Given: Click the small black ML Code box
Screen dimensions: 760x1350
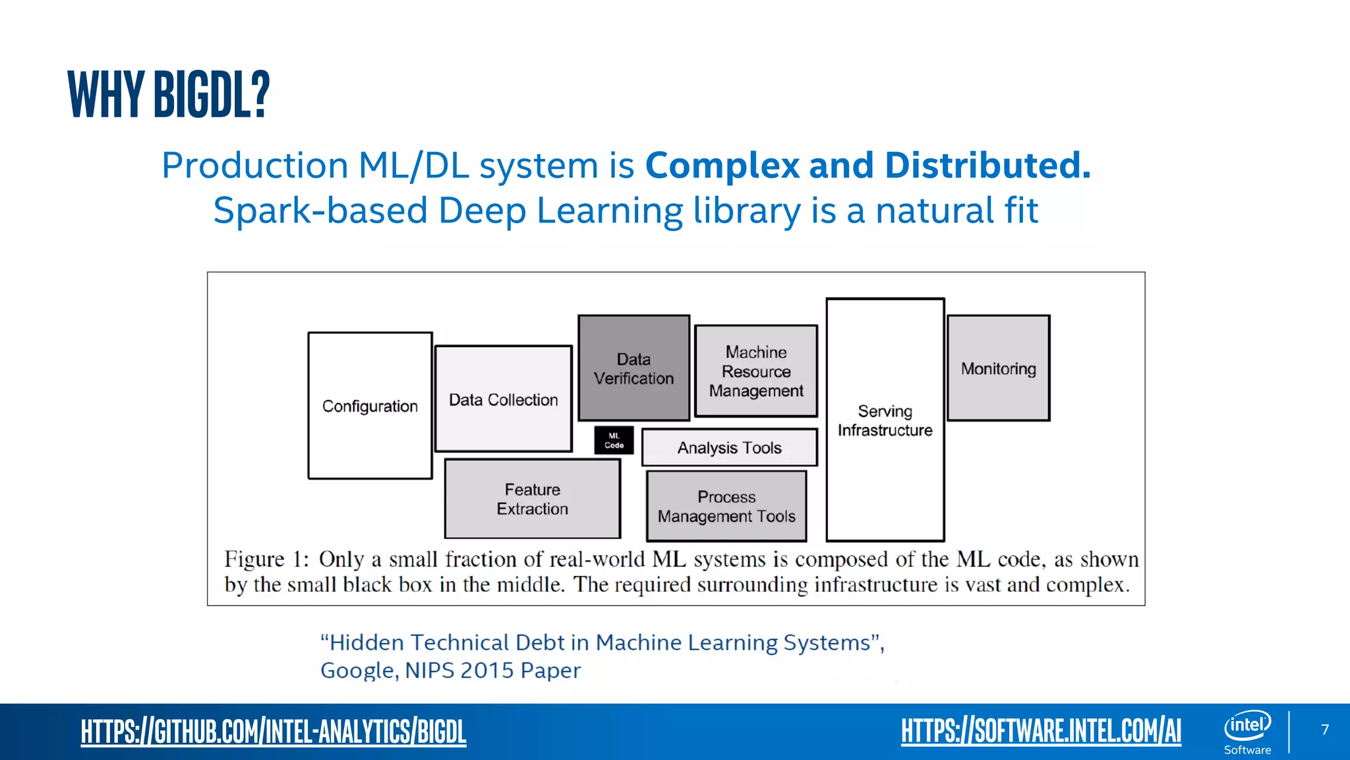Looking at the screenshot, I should coord(614,440).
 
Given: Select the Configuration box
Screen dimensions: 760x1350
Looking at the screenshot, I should coord(370,406).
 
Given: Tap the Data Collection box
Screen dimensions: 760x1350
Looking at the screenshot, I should coord(503,399).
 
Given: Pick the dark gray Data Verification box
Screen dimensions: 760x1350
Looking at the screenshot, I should coord(633,368).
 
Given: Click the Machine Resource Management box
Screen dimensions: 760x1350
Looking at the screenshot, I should coord(756,371).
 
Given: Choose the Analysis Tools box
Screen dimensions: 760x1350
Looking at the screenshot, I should coord(729,448).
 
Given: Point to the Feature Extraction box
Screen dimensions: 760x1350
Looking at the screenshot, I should coord(532,499).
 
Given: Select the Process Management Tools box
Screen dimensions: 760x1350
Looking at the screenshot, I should coord(726,506).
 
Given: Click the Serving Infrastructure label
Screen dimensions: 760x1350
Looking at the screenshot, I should coord(885,420).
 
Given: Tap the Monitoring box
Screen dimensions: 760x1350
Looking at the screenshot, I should coord(998,368).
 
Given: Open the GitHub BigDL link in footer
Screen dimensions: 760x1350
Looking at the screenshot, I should coord(274,732).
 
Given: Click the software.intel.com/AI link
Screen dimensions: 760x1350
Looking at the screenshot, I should coord(1041,731).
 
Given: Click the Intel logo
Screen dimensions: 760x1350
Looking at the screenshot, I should coord(1247,726).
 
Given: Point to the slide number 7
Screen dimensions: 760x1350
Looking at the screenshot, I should coord(1325,730).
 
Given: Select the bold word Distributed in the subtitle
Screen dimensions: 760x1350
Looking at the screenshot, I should coord(987,165).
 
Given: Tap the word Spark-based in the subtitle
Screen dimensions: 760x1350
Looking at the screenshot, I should coord(320,210).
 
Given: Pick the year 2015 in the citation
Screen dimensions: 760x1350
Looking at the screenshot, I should coord(486,670).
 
